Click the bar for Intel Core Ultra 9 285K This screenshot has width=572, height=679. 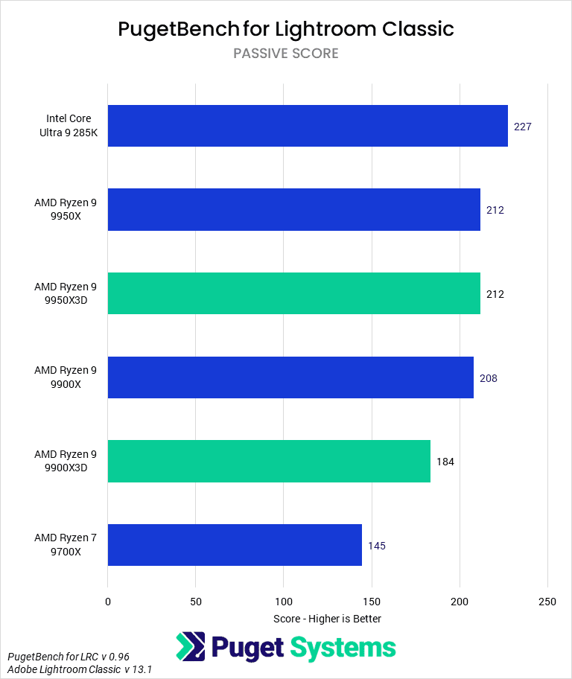pyautogui.click(x=308, y=126)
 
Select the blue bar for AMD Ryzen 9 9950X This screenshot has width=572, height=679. pyautogui.click(x=294, y=210)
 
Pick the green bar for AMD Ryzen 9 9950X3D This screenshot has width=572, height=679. pyautogui.click(x=294, y=293)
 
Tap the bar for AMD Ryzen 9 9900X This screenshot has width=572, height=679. pyautogui.click(x=290, y=377)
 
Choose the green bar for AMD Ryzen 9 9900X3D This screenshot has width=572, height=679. pyautogui.click(x=269, y=462)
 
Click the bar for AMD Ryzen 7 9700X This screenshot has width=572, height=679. pyautogui.click(x=235, y=545)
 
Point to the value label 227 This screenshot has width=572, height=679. pyautogui.click(x=522, y=127)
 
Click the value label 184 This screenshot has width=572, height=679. pyautogui.click(x=445, y=462)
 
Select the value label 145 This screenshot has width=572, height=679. pyautogui.click(x=377, y=546)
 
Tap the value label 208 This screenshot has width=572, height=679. pyautogui.click(x=489, y=378)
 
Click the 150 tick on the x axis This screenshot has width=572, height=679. pyautogui.click(x=372, y=601)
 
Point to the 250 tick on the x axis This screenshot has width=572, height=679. pyautogui.click(x=547, y=601)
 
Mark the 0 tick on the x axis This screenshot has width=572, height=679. pyautogui.click(x=108, y=601)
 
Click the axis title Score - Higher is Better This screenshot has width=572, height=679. pyautogui.click(x=327, y=619)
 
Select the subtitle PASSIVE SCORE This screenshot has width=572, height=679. pyautogui.click(x=286, y=54)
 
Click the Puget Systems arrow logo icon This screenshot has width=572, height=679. pyautogui.click(x=191, y=647)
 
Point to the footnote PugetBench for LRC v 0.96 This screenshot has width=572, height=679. pyautogui.click(x=69, y=657)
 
